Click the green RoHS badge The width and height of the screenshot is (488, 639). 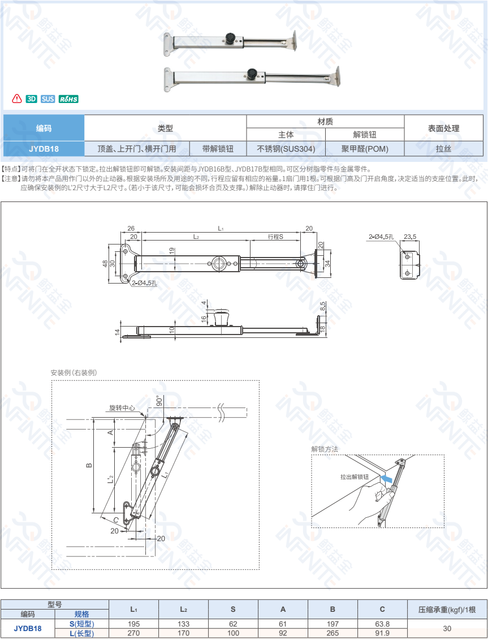[x=68, y=99]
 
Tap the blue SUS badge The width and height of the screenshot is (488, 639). [x=47, y=99]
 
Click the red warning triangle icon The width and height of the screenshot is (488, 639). [x=17, y=98]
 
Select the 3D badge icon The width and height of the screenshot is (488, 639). [x=31, y=99]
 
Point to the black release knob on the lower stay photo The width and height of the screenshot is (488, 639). [x=252, y=74]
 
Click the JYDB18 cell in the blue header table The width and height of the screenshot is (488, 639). [x=44, y=149]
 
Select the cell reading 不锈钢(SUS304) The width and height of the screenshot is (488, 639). [x=286, y=149]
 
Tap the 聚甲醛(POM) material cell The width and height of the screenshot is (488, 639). [x=365, y=149]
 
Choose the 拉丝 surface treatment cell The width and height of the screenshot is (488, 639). [x=444, y=149]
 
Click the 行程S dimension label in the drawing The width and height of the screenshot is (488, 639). [x=275, y=237]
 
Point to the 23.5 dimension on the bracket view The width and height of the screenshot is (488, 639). [x=410, y=237]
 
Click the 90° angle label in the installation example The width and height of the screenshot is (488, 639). [x=159, y=401]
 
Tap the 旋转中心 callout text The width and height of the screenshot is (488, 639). [x=122, y=408]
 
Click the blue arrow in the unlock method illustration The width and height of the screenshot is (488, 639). [x=386, y=478]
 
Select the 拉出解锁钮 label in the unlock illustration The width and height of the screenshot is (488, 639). [x=355, y=477]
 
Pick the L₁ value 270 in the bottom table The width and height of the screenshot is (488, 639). [x=133, y=633]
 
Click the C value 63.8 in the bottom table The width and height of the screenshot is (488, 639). [x=382, y=624]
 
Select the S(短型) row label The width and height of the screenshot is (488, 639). [x=82, y=624]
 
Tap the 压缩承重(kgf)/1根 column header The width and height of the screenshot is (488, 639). [x=447, y=610]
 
